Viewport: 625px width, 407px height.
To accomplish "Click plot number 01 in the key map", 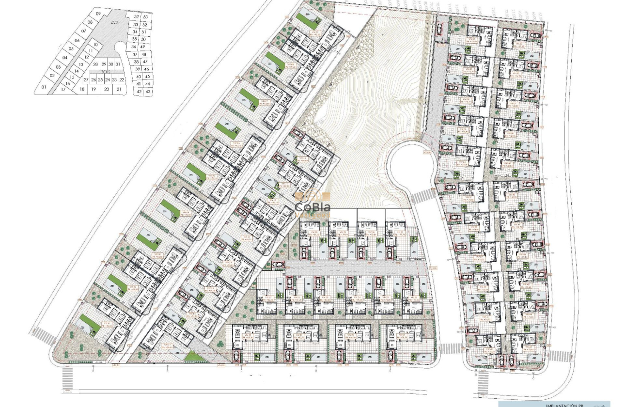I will (44, 87).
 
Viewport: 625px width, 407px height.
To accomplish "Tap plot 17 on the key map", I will (63, 89).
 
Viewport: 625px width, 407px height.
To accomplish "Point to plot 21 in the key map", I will (119, 89).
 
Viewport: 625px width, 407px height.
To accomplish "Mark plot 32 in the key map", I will (136, 16).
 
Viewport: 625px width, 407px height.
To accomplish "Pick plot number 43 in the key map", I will (148, 91).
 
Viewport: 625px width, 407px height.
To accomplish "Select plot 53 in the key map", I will (145, 16).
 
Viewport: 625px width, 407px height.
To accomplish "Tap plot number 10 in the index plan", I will (95, 45).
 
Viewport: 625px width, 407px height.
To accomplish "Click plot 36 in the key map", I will (134, 47).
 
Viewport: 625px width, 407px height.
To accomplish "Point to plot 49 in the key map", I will (142, 47).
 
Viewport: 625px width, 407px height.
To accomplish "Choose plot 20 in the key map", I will (106, 89).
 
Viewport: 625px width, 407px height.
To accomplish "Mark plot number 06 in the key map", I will (77, 41).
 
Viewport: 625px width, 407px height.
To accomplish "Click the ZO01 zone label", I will (115, 23).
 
